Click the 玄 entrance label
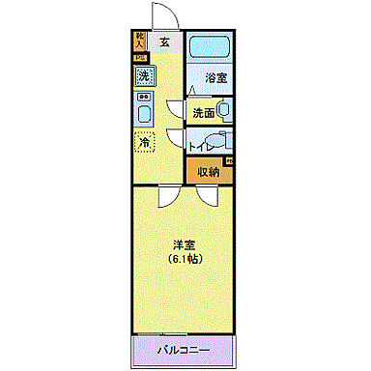[164, 42]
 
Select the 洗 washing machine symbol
[143, 75]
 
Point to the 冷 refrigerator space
[144, 141]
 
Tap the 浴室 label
[214, 78]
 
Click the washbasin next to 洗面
[224, 111]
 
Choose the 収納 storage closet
[209, 172]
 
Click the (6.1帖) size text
[185, 261]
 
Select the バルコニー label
[184, 346]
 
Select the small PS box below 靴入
[137, 57]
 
